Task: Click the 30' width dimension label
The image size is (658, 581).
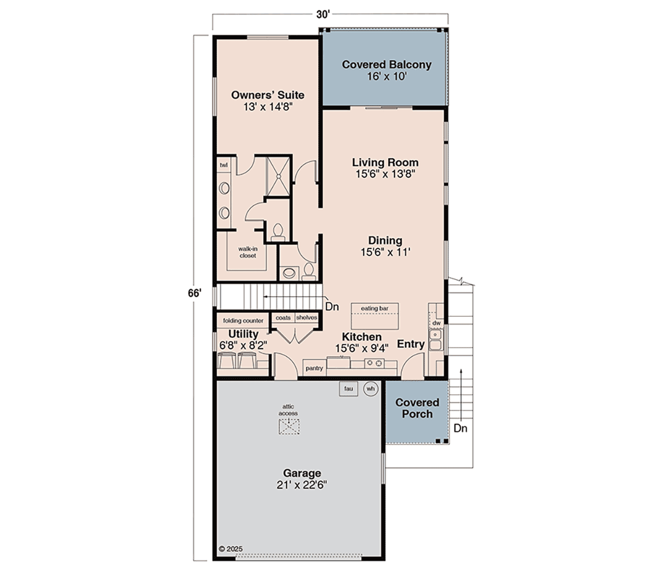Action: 323,15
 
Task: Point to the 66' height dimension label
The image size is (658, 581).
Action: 195,293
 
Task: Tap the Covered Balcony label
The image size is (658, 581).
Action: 387,70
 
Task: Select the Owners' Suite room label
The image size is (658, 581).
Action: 268,101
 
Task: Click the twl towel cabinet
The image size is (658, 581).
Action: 224,165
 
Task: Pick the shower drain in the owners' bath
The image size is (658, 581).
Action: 279,176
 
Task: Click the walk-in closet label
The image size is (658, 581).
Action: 248,252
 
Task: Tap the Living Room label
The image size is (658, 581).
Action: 385,168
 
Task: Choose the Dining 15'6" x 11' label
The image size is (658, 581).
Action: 385,246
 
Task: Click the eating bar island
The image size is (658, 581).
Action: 375,317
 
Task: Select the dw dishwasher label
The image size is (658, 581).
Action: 436,323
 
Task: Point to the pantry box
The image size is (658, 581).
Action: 314,368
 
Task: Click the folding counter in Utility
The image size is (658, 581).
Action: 243,321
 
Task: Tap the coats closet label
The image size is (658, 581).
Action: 283,317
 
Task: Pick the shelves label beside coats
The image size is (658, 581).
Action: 307,317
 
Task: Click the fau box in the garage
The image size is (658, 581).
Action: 349,389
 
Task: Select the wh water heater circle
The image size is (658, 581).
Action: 371,389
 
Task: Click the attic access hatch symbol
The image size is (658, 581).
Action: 289,426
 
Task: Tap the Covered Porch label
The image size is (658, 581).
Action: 417,408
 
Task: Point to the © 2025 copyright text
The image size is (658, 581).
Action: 231,549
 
